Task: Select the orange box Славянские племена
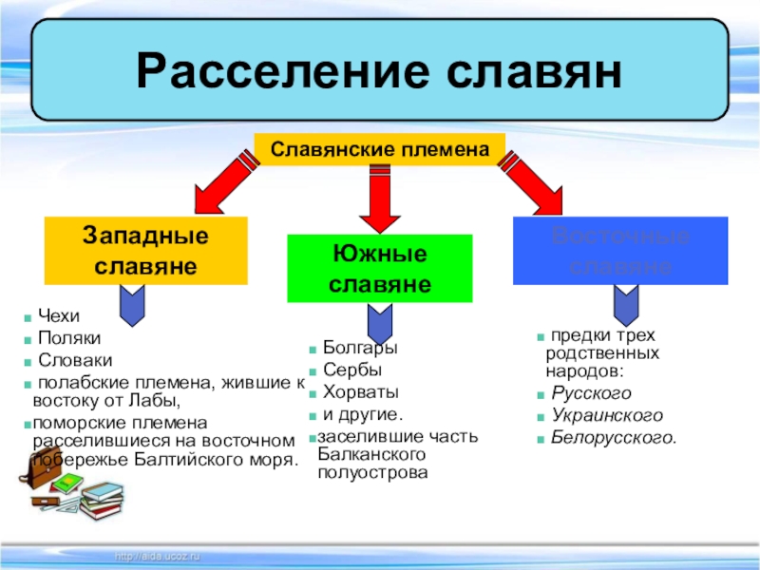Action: (380, 150)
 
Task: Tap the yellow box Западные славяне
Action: (145, 251)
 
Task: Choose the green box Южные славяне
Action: (379, 269)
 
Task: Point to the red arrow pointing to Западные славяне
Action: (225, 183)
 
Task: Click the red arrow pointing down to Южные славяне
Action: (380, 197)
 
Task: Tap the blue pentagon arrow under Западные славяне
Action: (131, 303)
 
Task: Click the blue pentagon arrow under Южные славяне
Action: (380, 324)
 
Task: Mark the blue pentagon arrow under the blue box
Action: (627, 303)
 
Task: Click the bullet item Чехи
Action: (59, 315)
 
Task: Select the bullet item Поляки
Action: (68, 338)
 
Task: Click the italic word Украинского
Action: (606, 416)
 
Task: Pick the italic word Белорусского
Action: (613, 439)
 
